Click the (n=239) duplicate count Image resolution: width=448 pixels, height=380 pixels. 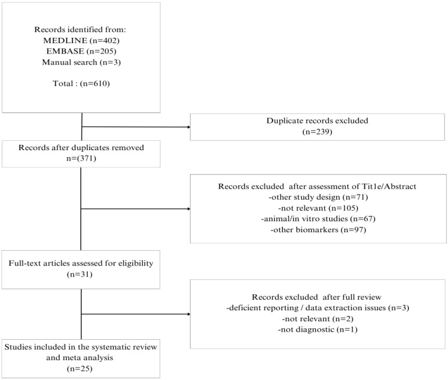click(313, 132)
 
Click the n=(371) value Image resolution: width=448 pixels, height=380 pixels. click(81, 157)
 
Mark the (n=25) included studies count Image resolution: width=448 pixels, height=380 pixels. click(81, 368)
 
